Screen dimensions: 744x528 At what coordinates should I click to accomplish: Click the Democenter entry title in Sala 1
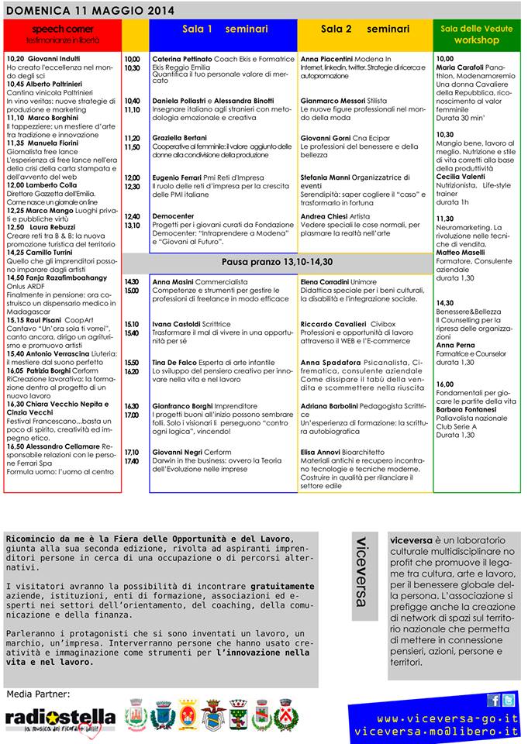tap(173, 216)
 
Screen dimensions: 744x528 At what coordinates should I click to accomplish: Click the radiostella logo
tap(60, 718)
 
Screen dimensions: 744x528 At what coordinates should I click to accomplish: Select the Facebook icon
tap(493, 701)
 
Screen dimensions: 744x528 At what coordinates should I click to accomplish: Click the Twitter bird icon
tap(508, 701)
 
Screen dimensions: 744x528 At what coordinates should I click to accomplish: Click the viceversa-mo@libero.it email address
tap(436, 732)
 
